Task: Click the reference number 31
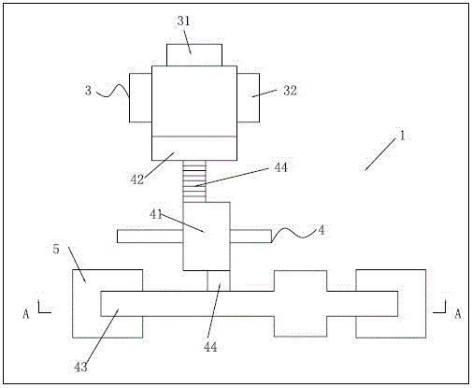pyautogui.click(x=183, y=22)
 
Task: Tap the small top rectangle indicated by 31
pyautogui.click(x=194, y=55)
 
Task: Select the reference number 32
pyautogui.click(x=290, y=91)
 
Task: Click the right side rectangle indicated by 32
pyautogui.click(x=249, y=98)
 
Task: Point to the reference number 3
pyautogui.click(x=88, y=91)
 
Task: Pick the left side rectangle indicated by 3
pyautogui.click(x=140, y=98)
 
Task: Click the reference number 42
pyautogui.click(x=137, y=180)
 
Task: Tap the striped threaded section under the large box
pyautogui.click(x=194, y=181)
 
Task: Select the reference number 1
pyautogui.click(x=402, y=136)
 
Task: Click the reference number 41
pyautogui.click(x=156, y=214)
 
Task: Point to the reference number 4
pyautogui.click(x=322, y=230)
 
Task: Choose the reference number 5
pyautogui.click(x=56, y=249)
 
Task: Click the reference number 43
pyautogui.click(x=80, y=367)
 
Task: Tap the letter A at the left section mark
pyautogui.click(x=26, y=314)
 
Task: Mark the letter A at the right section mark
pyautogui.click(x=457, y=314)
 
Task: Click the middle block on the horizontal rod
pyautogui.click(x=301, y=304)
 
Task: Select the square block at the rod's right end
pyautogui.click(x=391, y=304)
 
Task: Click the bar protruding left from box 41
pyautogui.click(x=150, y=237)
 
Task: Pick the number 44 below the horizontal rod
pyautogui.click(x=210, y=347)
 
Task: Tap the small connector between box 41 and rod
pyautogui.click(x=219, y=280)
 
